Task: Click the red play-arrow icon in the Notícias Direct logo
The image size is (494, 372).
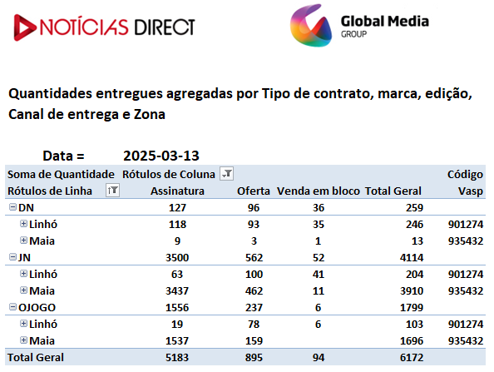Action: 25,27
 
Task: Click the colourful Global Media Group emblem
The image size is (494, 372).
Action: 311,26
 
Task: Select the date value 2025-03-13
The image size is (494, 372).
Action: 161,156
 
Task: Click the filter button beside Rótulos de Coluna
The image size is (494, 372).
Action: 226,174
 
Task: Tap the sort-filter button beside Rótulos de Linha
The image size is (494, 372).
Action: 112,191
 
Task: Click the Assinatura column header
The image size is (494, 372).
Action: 177,191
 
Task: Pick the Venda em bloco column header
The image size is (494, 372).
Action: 319,191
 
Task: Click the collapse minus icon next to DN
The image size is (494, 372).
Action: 12,207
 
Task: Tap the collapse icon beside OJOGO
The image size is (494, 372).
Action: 12,306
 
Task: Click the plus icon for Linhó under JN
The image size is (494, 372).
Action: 23,273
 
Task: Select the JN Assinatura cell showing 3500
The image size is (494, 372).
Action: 177,257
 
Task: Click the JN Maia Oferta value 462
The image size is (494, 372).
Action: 254,290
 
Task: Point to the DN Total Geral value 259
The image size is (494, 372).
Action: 414,208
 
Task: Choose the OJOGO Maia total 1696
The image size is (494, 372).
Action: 412,340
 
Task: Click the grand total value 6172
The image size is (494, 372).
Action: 412,358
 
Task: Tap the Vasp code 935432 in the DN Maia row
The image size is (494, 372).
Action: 466,241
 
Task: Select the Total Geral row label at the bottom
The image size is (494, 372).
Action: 36,358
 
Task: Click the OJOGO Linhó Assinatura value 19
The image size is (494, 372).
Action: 177,324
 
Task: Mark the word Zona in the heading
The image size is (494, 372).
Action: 150,114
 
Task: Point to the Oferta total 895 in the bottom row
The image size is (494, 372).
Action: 254,358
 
